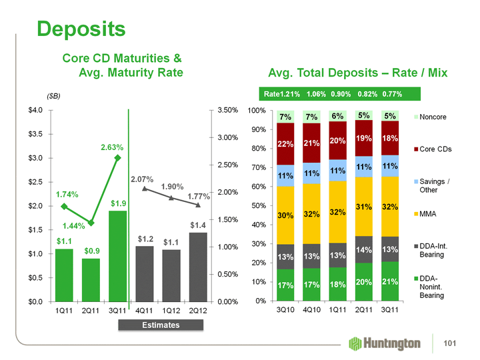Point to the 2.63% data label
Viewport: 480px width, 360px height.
pyautogui.click(x=111, y=147)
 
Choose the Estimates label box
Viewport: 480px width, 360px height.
pyautogui.click(x=161, y=325)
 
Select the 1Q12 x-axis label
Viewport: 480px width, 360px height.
pyautogui.click(x=171, y=311)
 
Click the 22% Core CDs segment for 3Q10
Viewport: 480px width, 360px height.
pyautogui.click(x=286, y=144)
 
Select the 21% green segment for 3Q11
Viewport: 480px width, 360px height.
pyautogui.click(x=390, y=281)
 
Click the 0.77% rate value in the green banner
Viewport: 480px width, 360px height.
pyautogui.click(x=392, y=95)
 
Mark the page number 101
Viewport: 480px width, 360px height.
pyautogui.click(x=456, y=344)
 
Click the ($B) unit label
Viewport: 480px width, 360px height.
pyautogui.click(x=56, y=97)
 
